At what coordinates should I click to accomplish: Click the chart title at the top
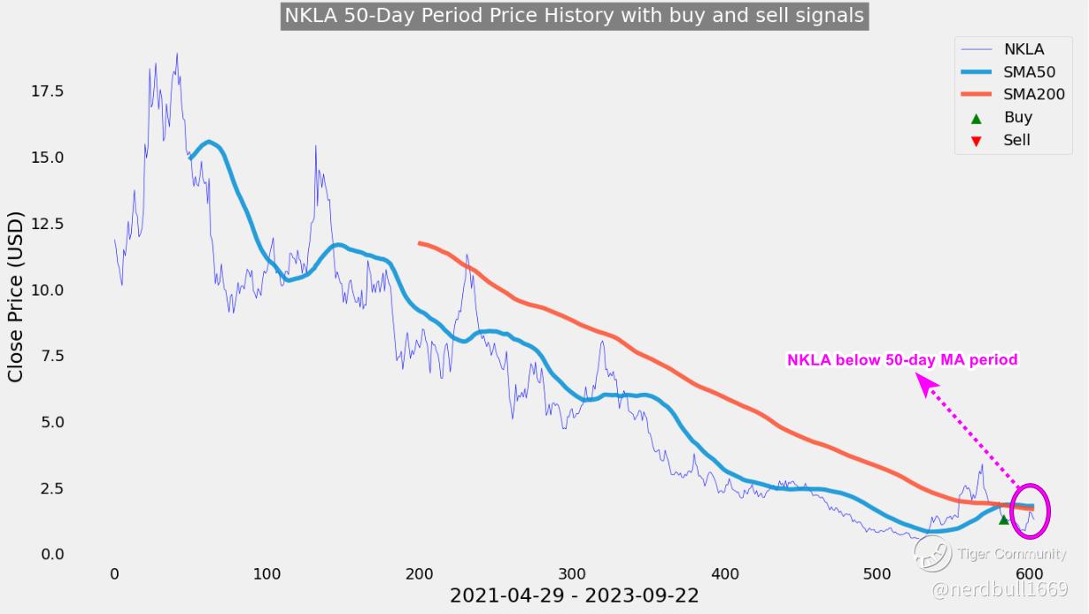point(574,16)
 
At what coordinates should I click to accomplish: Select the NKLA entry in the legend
point(1023,49)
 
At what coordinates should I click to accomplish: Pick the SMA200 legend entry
point(1033,95)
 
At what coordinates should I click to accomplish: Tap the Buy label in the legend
point(1017,118)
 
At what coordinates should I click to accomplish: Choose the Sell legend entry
point(1016,141)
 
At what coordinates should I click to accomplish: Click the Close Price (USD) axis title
point(16,297)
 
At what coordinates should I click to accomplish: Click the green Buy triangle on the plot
point(1004,519)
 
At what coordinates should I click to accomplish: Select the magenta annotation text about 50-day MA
point(902,360)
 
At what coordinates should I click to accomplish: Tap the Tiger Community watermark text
point(1011,555)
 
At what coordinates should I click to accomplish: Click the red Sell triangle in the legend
point(977,141)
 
